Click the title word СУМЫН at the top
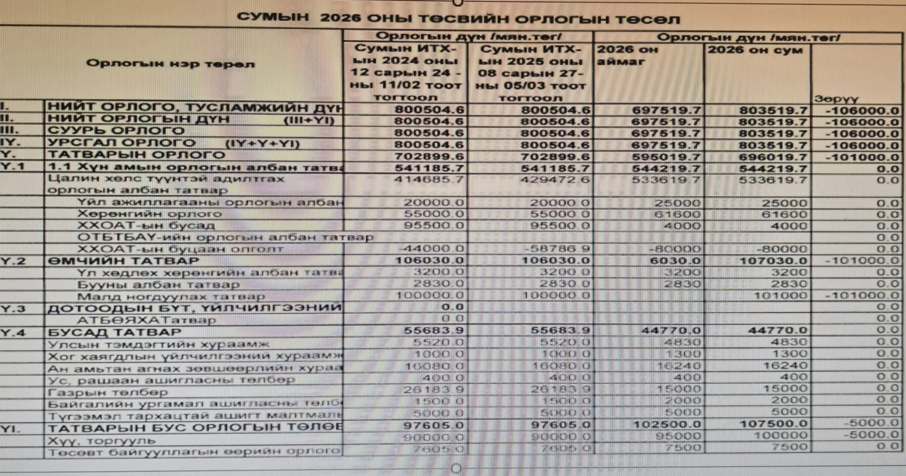[273, 17]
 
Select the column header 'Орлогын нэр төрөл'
[170, 64]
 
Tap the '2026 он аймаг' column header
[627, 55]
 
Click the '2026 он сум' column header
[755, 50]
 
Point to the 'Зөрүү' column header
[836, 99]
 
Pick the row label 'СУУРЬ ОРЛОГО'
[116, 131]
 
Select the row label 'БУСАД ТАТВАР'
[115, 332]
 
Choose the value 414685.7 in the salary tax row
[429, 180]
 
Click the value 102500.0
[667, 424]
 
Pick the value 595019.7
[666, 157]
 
